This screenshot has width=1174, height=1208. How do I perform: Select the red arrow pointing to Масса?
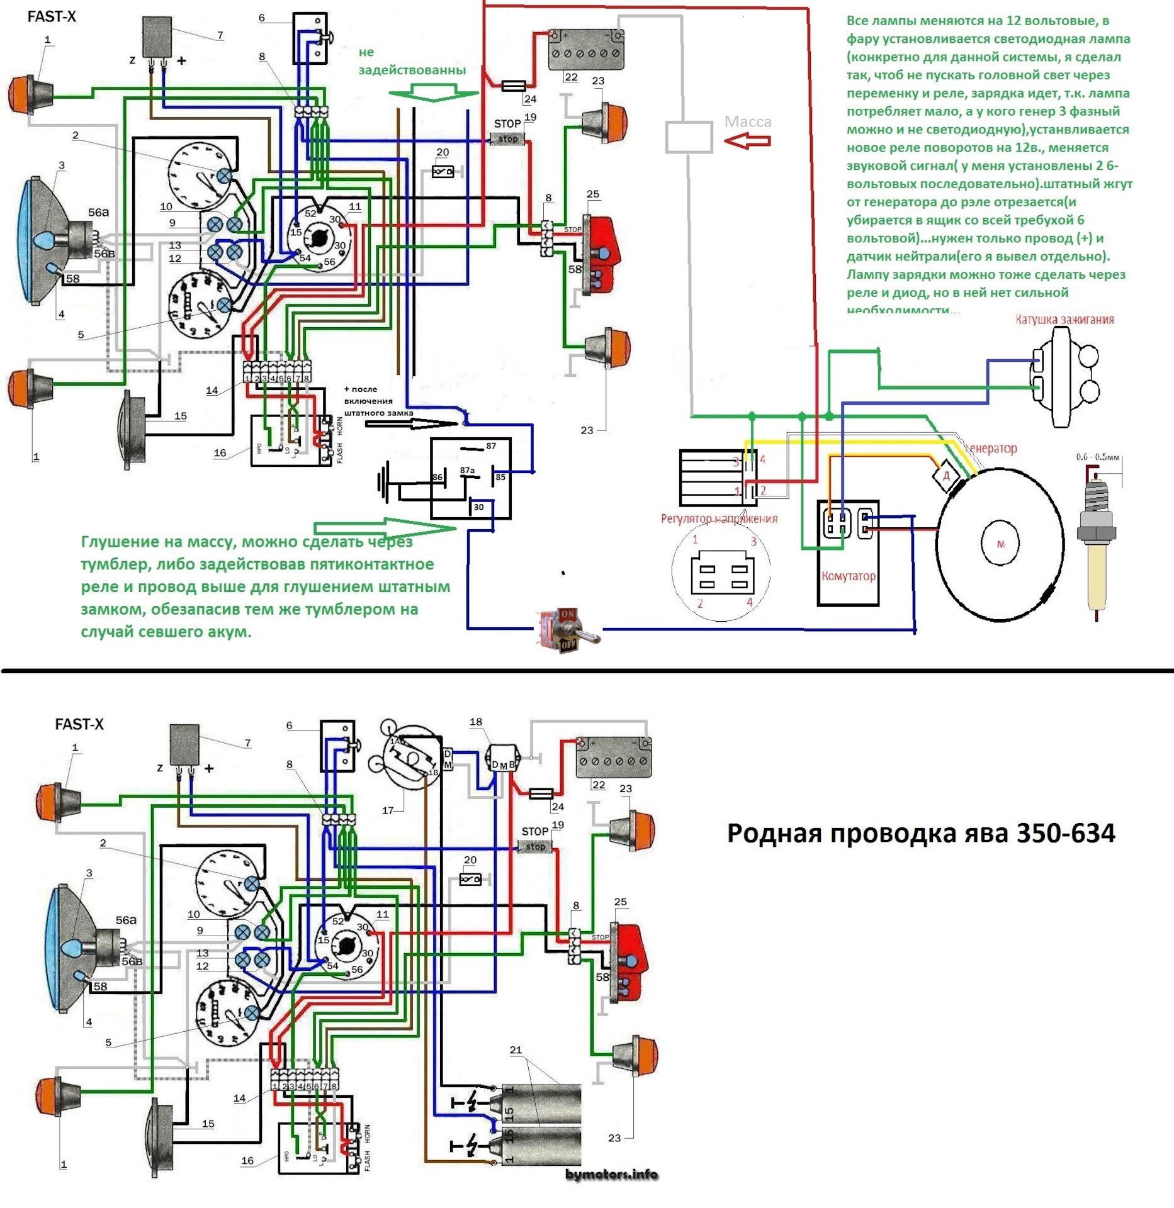(747, 142)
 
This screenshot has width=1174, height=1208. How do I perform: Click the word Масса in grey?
(748, 121)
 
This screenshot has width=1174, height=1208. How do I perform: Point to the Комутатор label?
(848, 576)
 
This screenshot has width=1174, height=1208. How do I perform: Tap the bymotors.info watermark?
(611, 1174)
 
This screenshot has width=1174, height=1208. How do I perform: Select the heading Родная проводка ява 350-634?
(920, 833)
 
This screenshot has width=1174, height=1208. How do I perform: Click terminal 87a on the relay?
(467, 470)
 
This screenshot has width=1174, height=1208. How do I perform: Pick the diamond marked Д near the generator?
(946, 476)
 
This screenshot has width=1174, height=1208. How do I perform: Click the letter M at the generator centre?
(1000, 544)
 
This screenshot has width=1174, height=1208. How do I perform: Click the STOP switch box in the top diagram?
(507, 139)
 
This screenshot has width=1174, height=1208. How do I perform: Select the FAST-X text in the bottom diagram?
(79, 724)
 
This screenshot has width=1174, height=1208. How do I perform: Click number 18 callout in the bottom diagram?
(476, 722)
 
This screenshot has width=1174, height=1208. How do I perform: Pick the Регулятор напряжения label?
(718, 518)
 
